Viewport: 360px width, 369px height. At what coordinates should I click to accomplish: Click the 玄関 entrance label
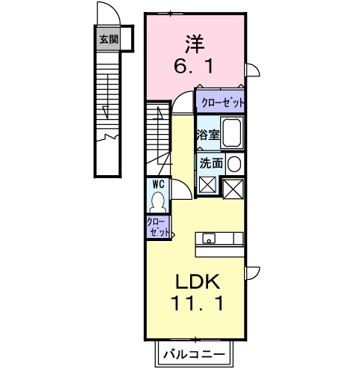click(x=109, y=39)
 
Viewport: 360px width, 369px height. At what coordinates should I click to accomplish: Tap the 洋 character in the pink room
click(x=195, y=44)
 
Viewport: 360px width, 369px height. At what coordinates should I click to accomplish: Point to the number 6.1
click(x=194, y=67)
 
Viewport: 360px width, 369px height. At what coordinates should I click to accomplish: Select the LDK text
click(x=198, y=281)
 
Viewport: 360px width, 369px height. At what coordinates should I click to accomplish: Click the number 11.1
click(x=197, y=303)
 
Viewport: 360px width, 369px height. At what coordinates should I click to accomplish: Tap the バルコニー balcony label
click(x=194, y=354)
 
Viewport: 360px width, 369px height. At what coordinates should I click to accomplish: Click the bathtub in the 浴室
click(x=232, y=132)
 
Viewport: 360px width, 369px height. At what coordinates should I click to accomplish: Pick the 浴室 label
click(x=208, y=135)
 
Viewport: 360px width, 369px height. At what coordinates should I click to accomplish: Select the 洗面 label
click(x=211, y=163)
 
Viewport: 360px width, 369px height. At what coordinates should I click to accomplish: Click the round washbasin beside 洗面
click(x=234, y=164)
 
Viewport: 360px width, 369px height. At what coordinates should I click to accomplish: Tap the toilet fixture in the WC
click(x=157, y=202)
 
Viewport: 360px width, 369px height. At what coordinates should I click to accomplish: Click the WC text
click(x=158, y=184)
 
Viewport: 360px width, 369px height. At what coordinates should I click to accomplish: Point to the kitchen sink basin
click(x=209, y=238)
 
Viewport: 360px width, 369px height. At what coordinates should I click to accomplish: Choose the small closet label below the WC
click(x=158, y=227)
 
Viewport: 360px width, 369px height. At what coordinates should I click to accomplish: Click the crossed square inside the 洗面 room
click(x=207, y=185)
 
